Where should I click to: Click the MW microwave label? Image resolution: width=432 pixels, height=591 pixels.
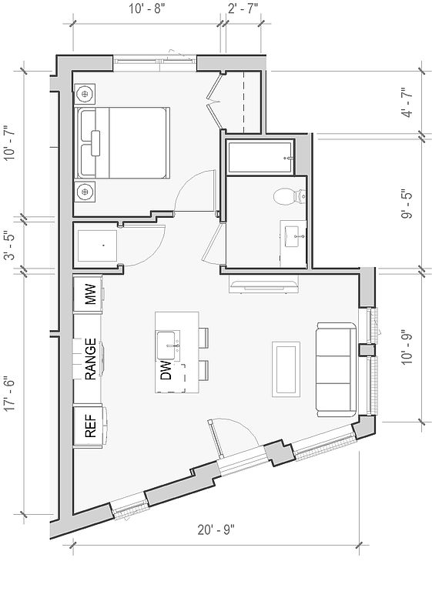click(91, 295)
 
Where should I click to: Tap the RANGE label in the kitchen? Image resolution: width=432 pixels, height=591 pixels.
click(91, 359)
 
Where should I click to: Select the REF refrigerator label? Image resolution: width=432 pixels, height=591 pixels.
click(91, 426)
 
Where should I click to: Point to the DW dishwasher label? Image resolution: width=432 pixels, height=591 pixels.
click(166, 369)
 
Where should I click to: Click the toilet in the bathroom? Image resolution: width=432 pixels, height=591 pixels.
click(290, 196)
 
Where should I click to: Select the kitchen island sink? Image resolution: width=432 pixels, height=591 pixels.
click(168, 346)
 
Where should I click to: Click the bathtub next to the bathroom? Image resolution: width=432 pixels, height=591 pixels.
click(260, 157)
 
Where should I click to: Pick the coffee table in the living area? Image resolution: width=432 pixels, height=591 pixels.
click(286, 369)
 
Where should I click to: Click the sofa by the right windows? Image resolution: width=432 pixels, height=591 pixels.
click(337, 369)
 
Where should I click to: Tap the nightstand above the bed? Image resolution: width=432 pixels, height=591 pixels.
click(85, 92)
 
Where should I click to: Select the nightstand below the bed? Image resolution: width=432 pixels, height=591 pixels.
click(85, 192)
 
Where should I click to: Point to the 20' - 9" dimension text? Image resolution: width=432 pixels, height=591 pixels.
click(216, 529)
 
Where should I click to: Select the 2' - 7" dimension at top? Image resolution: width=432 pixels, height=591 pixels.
click(243, 8)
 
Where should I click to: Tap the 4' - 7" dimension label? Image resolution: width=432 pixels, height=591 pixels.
click(407, 102)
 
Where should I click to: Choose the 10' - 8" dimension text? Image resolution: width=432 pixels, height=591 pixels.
click(148, 8)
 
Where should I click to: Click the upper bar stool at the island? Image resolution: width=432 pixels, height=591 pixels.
click(203, 338)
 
